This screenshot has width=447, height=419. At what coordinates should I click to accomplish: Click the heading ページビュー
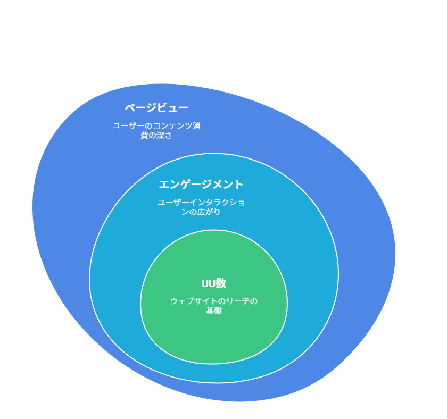point(156,107)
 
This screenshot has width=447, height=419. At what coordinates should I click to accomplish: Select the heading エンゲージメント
point(201,185)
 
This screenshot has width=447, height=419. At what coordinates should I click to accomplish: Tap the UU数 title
point(214,283)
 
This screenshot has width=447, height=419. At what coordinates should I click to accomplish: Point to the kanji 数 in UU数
point(221,283)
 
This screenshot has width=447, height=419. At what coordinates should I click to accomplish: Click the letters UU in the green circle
point(209,284)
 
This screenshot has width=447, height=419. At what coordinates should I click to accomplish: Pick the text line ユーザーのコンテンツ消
point(157,125)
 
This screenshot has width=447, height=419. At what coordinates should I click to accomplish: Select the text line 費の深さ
point(156,135)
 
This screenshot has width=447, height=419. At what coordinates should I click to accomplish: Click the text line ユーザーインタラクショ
point(201,202)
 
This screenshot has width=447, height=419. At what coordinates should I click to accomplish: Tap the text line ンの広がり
point(201,212)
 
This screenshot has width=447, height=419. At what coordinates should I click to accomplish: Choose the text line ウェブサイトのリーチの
point(214,301)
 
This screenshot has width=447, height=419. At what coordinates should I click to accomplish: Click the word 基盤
point(214,311)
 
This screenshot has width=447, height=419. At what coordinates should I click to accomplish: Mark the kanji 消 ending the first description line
point(196,125)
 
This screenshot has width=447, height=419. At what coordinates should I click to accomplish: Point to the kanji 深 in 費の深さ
point(161,135)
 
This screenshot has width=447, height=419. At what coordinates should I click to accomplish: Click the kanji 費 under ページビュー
point(144,135)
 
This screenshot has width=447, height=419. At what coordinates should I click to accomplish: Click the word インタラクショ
point(217,202)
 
